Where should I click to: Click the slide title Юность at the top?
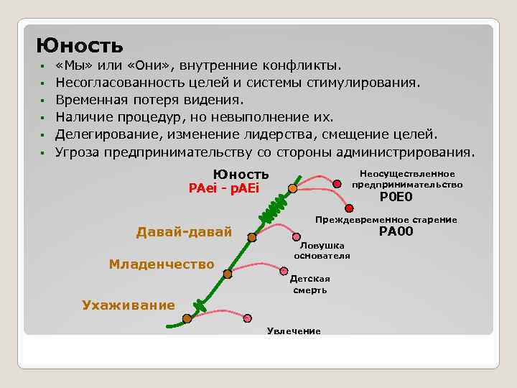click(80, 46)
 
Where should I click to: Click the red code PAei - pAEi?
click(223, 188)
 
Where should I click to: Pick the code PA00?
click(396, 231)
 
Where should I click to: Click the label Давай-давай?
click(184, 231)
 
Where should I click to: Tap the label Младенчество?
click(162, 264)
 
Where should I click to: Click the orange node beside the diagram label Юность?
click(292, 188)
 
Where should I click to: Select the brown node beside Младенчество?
click(228, 274)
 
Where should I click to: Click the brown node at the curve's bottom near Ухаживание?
click(187, 318)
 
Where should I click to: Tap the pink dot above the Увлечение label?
click(248, 318)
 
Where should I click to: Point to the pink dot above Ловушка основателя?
click(297, 235)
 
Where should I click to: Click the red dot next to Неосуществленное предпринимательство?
click(337, 185)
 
